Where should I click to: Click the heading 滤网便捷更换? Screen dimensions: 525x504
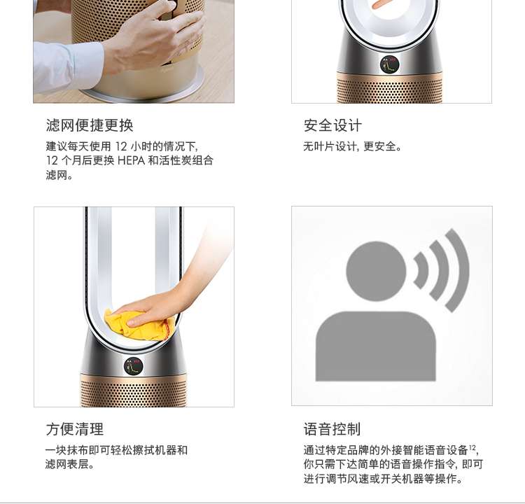[x=90, y=125]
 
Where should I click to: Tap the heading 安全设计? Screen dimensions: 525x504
[x=332, y=125]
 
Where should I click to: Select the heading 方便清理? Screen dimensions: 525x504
[x=75, y=429]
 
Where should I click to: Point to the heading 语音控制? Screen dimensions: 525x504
[x=332, y=429]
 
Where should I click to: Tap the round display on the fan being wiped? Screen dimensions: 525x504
[x=133, y=366]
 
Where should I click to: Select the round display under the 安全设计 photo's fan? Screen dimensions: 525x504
[x=389, y=64]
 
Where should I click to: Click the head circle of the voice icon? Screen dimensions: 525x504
[x=376, y=271]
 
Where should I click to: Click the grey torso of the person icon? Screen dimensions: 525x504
[x=376, y=346]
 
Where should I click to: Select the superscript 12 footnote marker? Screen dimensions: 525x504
[x=472, y=447]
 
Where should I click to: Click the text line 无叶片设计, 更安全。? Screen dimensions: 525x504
[x=352, y=146]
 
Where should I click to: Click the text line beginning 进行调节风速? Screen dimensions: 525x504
[x=383, y=479]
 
